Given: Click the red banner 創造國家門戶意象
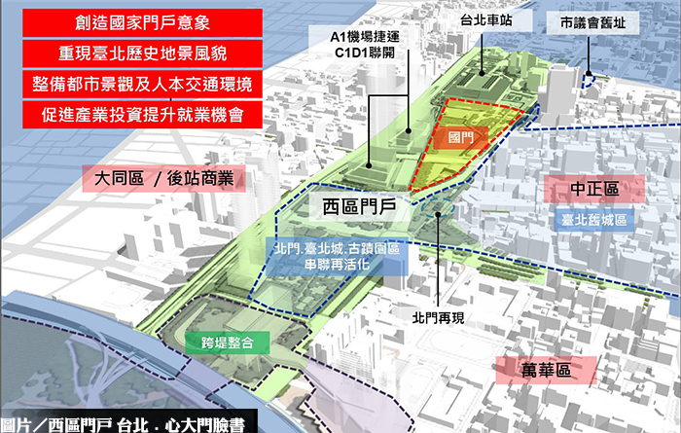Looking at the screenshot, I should [134, 21].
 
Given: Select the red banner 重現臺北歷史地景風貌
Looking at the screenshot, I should [134, 52].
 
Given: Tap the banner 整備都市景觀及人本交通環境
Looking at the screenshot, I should [134, 84].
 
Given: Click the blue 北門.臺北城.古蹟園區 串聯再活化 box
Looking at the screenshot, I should [333, 258].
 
